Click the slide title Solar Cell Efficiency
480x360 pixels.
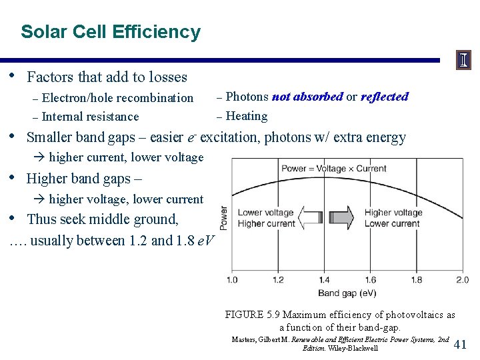pos(110,32)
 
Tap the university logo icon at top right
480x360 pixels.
pos(463,61)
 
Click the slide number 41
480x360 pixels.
pos(460,344)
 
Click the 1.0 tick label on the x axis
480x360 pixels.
pos(232,280)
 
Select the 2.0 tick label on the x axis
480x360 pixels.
pos(461,280)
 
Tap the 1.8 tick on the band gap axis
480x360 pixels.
pos(416,280)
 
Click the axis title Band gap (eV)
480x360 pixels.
pos(347,293)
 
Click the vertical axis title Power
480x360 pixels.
pos(223,218)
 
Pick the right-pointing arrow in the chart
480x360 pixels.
pos(343,218)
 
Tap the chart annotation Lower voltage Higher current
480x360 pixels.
pos(266,218)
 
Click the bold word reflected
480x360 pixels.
pos(385,97)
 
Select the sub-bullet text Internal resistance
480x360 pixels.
pos(90,117)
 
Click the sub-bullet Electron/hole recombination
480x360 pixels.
pos(117,98)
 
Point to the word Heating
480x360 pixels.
pos(247,116)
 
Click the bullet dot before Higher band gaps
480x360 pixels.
pos(14,177)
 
